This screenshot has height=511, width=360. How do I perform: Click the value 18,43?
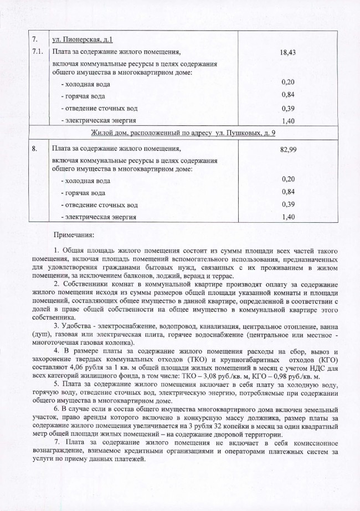click(x=287, y=51)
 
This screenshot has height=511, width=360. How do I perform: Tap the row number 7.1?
click(x=38, y=51)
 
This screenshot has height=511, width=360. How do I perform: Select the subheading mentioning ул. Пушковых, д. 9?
click(x=183, y=134)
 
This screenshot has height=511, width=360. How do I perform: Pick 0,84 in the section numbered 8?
click(x=287, y=192)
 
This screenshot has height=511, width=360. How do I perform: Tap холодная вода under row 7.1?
click(x=89, y=84)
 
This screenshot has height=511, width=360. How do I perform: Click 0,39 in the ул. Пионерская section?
click(x=287, y=108)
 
